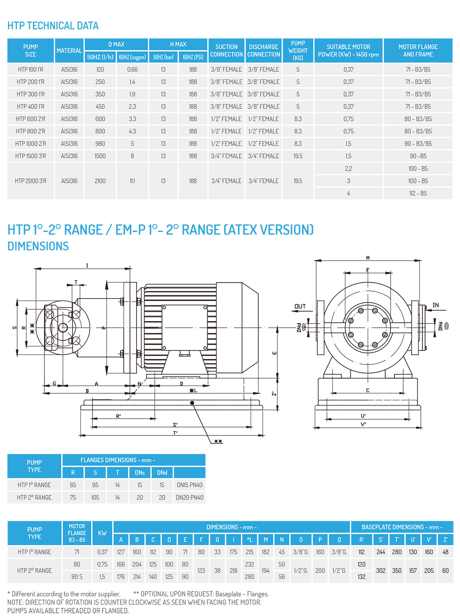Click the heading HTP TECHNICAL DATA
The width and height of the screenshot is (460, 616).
point(53,26)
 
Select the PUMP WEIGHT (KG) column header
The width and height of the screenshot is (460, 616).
point(298,50)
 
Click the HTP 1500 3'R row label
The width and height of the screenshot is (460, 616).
point(31,156)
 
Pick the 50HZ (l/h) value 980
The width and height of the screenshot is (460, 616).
point(100,144)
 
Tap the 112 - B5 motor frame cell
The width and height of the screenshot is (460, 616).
point(418,193)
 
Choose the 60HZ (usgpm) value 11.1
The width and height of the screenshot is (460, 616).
point(132,181)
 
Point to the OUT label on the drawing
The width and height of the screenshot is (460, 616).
point(300,306)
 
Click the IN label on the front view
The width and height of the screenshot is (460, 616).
point(435,305)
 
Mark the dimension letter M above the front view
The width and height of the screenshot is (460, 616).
point(368,258)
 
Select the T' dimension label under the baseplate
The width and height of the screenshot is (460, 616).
point(175,433)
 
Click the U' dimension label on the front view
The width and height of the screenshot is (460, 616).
point(363,416)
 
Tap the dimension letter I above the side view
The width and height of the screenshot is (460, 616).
point(87,265)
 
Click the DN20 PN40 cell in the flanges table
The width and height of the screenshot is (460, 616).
point(189,498)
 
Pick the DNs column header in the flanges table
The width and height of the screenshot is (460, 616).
point(140,473)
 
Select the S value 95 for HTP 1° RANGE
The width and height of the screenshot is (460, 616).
point(95,485)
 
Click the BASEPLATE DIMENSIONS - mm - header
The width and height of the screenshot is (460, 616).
point(402,527)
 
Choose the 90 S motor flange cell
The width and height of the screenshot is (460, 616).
point(77,577)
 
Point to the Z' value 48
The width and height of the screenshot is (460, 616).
point(445,552)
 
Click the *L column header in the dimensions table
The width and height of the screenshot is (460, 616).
point(250,540)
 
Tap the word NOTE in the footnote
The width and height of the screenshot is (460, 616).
point(15,602)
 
